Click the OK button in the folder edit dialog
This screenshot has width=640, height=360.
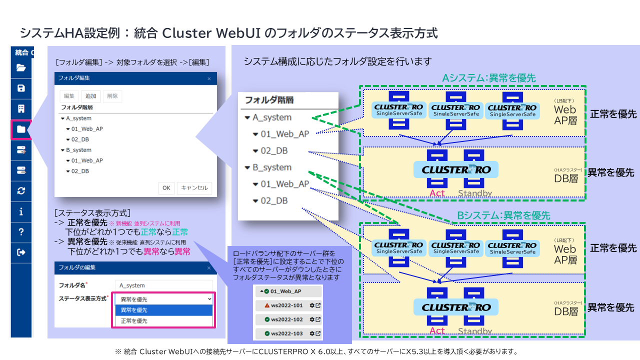[166, 188]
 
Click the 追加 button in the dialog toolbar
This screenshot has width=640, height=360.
[90, 96]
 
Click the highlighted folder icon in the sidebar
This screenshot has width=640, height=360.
[21, 129]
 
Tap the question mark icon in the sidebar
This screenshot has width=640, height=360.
[21, 232]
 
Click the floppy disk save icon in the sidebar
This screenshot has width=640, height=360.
[21, 88]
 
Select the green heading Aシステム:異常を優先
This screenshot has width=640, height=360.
[488, 78]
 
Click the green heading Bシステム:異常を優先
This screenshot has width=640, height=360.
[503, 215]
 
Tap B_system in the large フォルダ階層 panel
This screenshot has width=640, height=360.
[271, 167]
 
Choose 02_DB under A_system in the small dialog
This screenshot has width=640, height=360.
[80, 139]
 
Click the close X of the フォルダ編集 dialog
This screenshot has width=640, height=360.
[209, 78]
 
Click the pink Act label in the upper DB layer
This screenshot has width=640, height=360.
[437, 193]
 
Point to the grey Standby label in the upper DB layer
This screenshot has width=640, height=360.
[474, 193]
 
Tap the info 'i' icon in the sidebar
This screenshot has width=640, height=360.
[21, 211]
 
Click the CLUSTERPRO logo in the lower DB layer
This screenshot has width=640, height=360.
[456, 307]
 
